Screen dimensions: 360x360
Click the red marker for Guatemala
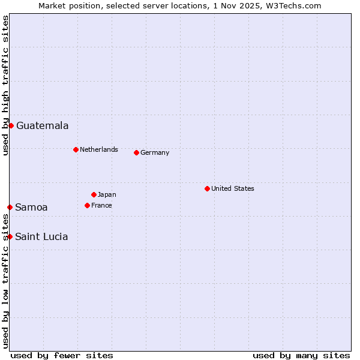click(11, 125)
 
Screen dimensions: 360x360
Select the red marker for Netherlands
click(76, 149)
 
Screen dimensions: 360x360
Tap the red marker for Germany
click(136, 152)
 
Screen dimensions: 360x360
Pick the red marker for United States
click(207, 188)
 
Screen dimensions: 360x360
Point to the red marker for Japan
click(94, 194)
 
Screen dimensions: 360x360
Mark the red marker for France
click(87, 205)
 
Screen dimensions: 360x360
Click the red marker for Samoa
click(10, 207)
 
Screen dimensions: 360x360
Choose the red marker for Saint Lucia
click(10, 236)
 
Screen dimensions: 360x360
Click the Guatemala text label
click(42, 126)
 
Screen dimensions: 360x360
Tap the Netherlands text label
click(99, 149)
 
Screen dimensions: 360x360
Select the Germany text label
click(155, 152)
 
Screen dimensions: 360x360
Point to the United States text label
click(233, 188)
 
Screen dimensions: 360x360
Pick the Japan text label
click(107, 194)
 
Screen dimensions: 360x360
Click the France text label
click(101, 205)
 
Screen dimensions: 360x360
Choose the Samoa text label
click(31, 208)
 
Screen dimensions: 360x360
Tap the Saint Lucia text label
click(41, 237)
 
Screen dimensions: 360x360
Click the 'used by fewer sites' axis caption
click(62, 355)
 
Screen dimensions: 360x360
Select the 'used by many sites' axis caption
click(301, 355)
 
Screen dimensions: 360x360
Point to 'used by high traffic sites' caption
click(5, 85)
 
